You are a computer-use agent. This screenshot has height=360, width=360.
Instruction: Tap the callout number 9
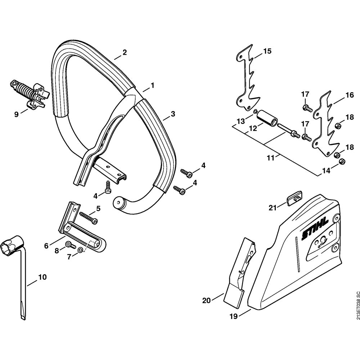click(16, 114)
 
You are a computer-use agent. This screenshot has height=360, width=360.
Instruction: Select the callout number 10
click(42, 277)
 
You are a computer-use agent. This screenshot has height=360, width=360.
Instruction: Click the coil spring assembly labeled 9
click(30, 93)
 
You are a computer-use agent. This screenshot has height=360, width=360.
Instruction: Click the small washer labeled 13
click(255, 112)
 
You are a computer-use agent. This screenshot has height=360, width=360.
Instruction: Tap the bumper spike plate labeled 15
click(248, 77)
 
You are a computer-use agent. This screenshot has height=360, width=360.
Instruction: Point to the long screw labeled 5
click(89, 217)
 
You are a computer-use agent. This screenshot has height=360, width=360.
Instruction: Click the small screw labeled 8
click(70, 245)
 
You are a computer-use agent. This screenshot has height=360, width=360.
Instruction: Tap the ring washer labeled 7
click(81, 250)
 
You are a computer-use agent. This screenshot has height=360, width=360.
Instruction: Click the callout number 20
click(206, 300)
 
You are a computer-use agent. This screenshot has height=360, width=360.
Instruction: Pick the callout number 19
click(233, 316)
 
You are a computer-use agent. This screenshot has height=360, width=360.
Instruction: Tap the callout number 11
click(271, 158)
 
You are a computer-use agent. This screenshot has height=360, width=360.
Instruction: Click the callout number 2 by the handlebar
click(125, 52)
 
